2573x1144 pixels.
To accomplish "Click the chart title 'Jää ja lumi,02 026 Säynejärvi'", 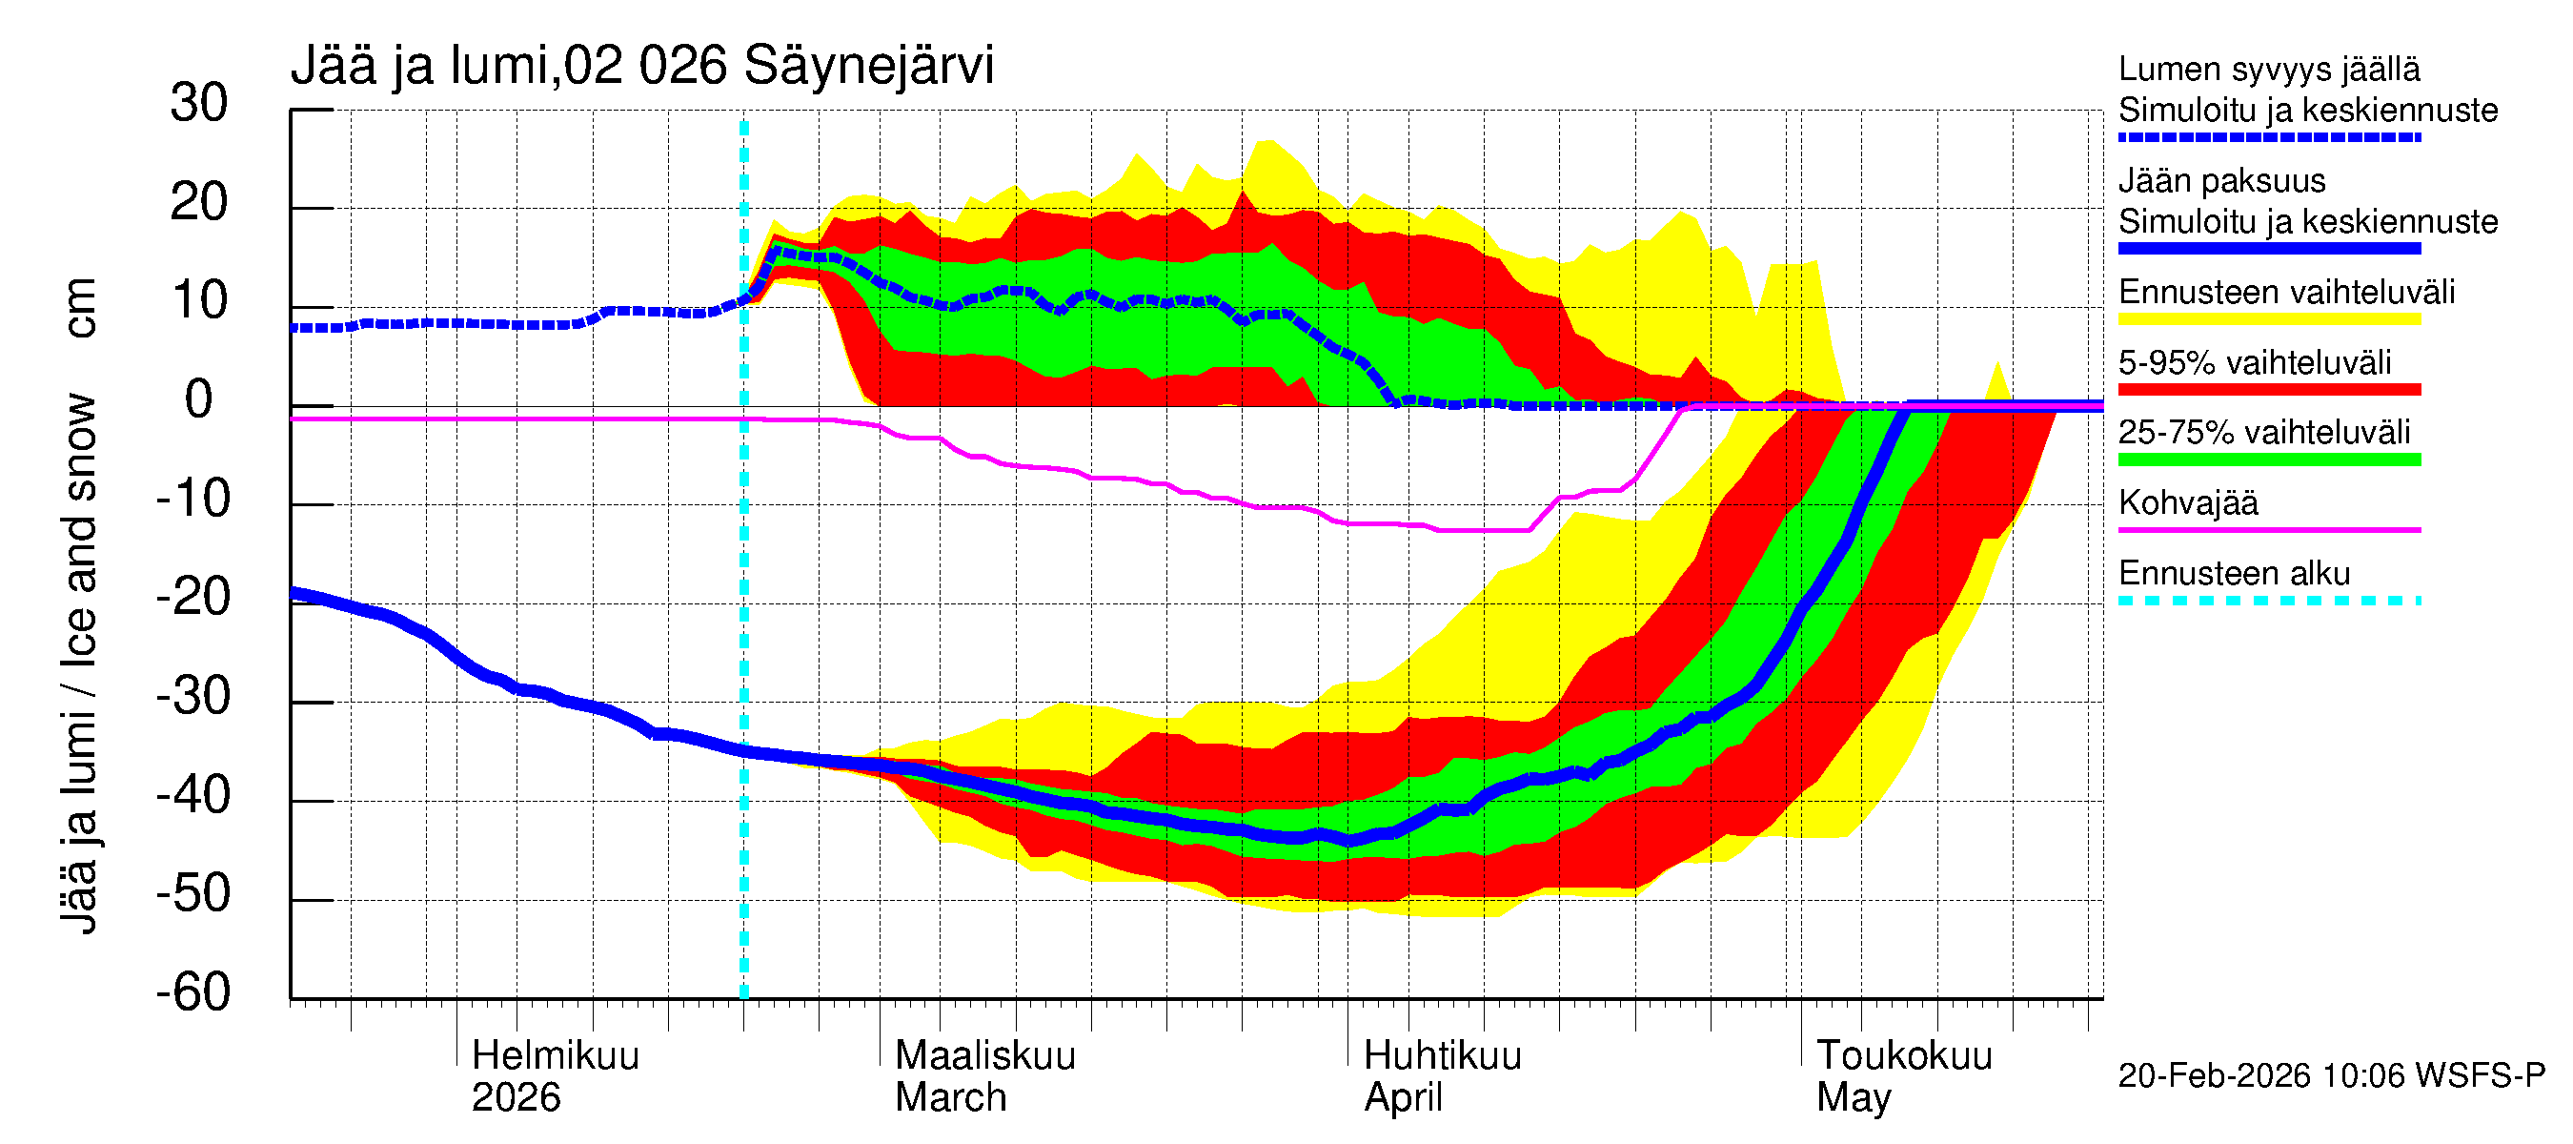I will (641, 67).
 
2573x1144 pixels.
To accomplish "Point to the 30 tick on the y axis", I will (199, 104).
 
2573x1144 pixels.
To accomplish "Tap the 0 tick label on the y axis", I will (199, 399).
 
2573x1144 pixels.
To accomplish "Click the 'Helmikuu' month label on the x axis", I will (555, 1056).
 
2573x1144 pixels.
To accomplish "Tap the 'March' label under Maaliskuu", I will (950, 1098).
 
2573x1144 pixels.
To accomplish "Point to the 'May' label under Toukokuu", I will (1853, 1098).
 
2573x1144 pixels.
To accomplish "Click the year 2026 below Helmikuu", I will (516, 1098).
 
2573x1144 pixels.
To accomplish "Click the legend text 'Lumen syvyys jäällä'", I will (2268, 70).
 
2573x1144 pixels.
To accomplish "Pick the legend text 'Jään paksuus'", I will (2221, 181).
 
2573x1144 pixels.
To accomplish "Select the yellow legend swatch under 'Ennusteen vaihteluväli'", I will (2268, 319).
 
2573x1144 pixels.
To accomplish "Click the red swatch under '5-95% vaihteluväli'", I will (2268, 390).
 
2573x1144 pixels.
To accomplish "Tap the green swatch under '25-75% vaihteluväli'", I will (2268, 460).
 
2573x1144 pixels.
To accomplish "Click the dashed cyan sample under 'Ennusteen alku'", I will (2268, 601).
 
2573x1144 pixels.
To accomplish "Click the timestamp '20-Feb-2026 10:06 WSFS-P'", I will (2330, 1076).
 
